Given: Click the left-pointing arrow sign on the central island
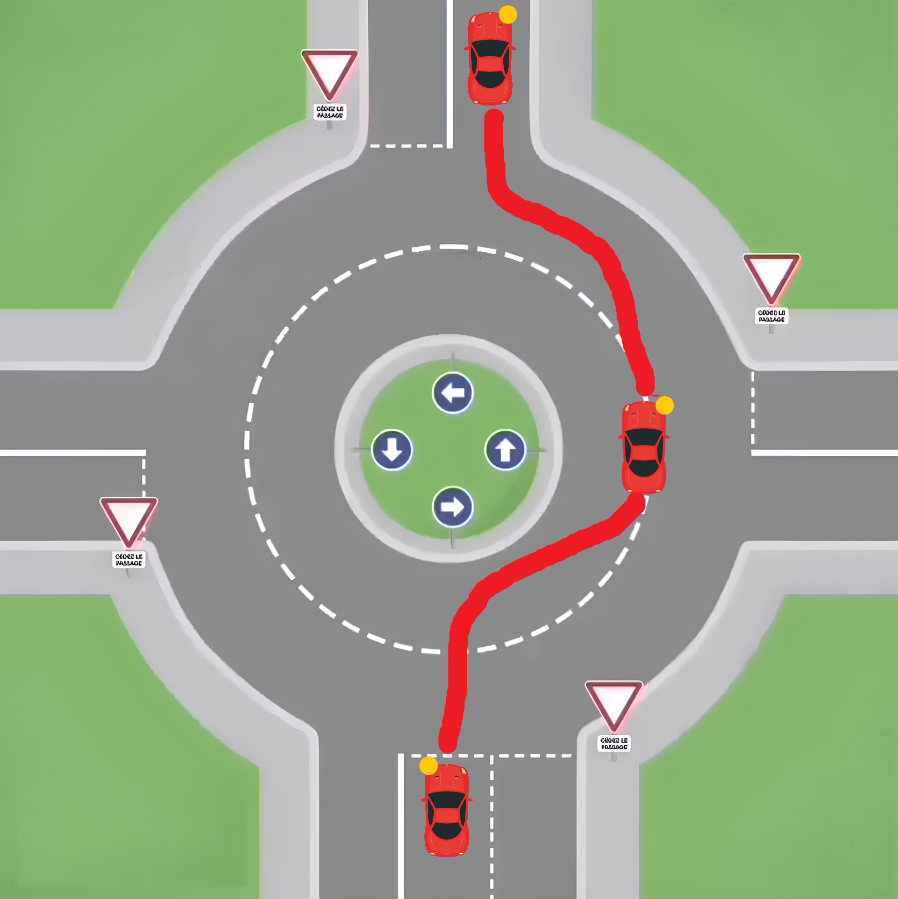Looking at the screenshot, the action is pos(452,393).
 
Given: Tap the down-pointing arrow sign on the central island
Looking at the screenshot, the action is pos(392,449).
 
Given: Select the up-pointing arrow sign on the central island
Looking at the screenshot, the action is pos(505,449).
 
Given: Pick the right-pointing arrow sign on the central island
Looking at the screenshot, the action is pos(452,507).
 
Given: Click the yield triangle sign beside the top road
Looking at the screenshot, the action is pos(329,72).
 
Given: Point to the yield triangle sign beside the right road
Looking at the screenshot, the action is pos(771,276).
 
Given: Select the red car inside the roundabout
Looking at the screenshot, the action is pos(644,448).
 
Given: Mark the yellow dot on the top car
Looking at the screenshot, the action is pos(508,15).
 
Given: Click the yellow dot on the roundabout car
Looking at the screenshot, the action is pos(664,405).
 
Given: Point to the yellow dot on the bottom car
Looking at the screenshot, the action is pos(428,765).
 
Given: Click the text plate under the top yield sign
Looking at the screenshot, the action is pos(330,112).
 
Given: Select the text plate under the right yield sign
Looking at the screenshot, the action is pos(771,316).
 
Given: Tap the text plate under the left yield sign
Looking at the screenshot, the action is pos(129,559).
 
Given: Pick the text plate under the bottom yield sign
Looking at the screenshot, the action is pos(614,743).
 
